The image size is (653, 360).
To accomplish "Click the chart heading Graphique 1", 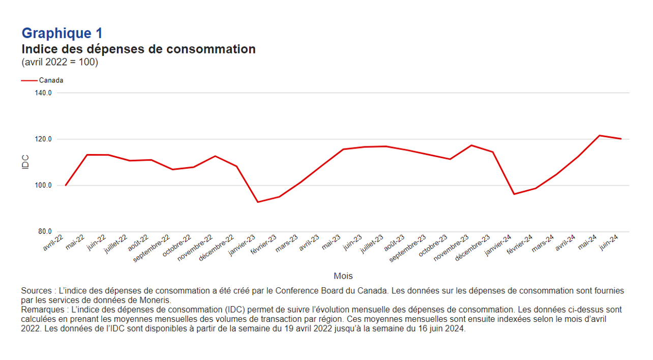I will [x=62, y=34].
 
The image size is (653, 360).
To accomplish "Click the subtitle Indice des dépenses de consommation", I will [x=138, y=49].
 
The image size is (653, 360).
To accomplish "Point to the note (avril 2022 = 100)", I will [x=60, y=62].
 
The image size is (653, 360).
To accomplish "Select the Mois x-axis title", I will [x=343, y=276].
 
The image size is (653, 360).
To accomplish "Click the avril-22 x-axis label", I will [x=54, y=243].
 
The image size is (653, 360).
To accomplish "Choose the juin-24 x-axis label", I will [x=610, y=242].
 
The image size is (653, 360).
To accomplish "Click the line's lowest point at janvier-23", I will [x=258, y=202].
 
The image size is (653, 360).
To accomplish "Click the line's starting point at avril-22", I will [x=66, y=185].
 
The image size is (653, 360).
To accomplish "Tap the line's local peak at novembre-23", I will [x=471, y=145].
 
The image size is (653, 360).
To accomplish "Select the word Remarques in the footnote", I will [x=41, y=309].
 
